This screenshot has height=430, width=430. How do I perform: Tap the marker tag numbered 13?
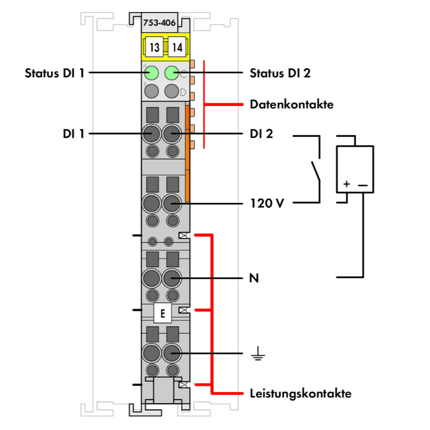coord(154,48)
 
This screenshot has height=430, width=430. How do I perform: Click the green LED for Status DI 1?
coord(152,73)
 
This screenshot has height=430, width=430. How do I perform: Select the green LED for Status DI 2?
coord(171,73)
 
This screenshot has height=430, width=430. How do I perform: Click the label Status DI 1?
coord(55,73)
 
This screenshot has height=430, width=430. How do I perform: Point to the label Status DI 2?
coord(280,73)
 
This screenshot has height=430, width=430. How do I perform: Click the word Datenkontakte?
coord(292,105)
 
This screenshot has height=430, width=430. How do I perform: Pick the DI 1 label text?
coord(75,134)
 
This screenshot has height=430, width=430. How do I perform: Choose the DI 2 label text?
coord(261,134)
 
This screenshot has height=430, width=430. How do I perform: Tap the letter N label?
coord(254,279)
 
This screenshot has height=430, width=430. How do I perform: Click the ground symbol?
coord(259,356)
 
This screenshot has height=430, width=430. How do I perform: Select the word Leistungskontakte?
coord(300,393)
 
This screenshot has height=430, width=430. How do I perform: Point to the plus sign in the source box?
coord(346,185)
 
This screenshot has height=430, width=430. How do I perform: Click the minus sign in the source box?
coord(363,185)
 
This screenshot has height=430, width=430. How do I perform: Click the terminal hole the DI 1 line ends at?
coord(152,134)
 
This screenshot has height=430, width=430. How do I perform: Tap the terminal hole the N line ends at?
coord(171,279)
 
